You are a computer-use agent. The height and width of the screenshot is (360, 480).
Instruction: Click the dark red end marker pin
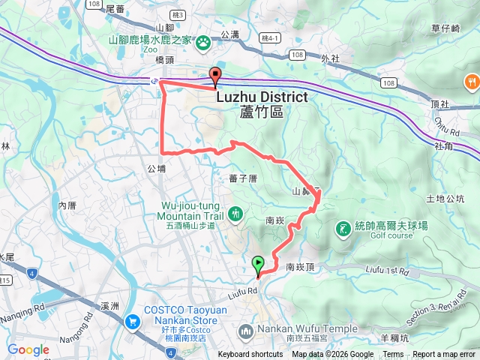coord(216,75)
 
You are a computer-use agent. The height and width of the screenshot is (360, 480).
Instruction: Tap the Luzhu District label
coord(262,97)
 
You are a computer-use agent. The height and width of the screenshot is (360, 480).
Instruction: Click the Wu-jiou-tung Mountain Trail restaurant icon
coord(235,214)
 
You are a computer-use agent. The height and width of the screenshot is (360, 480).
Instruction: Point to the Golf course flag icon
coord(343,227)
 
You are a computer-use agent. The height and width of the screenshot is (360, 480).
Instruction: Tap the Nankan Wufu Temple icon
coord(246,330)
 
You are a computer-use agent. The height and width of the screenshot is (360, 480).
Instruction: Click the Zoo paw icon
coord(202,43)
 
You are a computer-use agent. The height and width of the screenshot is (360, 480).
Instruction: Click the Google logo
coord(28,349)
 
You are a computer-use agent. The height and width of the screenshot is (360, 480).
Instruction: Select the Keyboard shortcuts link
coord(250,355)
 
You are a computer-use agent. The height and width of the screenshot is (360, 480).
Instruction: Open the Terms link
coord(393,355)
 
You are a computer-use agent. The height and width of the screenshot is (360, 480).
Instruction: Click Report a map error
coord(445,355)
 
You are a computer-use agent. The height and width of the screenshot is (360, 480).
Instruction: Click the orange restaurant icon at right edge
coord(472,80)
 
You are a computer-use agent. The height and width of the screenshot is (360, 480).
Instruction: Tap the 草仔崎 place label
coord(445,28)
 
